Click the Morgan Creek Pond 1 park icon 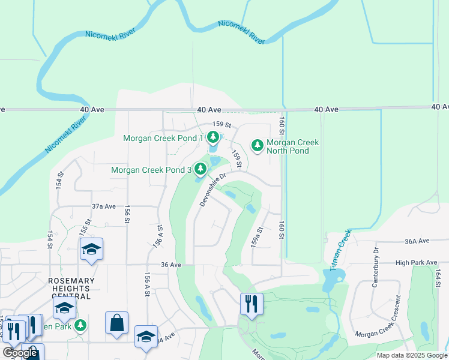[x=212, y=137]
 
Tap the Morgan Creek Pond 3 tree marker [x=200, y=170]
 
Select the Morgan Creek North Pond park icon [x=257, y=146]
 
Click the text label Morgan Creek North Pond [x=292, y=146]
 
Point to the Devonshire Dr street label [x=212, y=190]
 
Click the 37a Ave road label [x=103, y=206]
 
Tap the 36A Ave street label [x=418, y=241]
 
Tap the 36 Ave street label [x=171, y=265]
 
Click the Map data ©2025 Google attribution [x=412, y=355]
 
